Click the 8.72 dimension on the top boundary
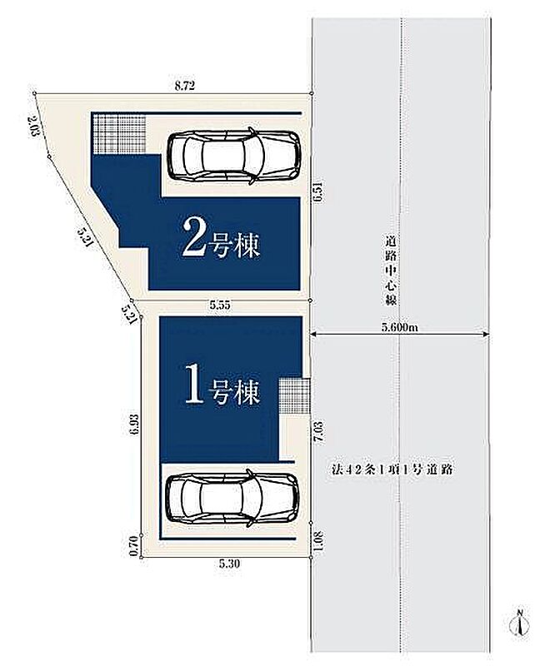[x=185, y=86]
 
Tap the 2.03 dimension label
[x=32, y=127]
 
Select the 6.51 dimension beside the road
[x=319, y=192]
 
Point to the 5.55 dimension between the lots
[x=220, y=305]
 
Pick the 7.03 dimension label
[x=319, y=433]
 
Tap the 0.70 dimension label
[x=134, y=546]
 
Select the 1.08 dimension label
[x=319, y=539]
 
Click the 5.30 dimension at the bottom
[x=229, y=564]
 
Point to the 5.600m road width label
[x=400, y=327]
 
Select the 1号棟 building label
[x=222, y=390]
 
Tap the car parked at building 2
[x=234, y=156]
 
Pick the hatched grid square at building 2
[x=119, y=133]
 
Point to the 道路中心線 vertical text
[x=391, y=271]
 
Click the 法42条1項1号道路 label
[x=392, y=470]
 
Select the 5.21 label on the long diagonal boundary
[x=85, y=236]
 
